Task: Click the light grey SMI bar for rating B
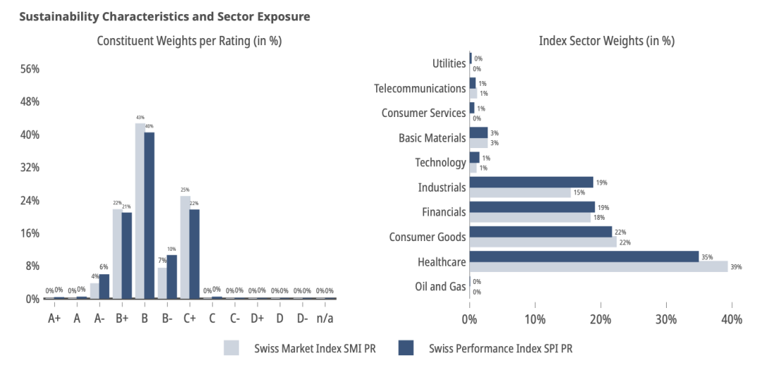point(140,211)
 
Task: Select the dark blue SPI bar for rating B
point(150,215)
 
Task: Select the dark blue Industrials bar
point(531,182)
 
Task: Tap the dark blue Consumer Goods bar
point(540,231)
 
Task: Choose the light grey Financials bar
point(530,218)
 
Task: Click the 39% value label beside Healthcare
point(737,267)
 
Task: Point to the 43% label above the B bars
point(140,117)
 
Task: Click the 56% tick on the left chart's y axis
point(30,69)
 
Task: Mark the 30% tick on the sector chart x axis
point(666,319)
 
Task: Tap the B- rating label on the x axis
point(167,318)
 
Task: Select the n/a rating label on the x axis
point(325,318)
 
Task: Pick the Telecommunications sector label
point(421,88)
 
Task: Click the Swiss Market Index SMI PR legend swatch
point(232,348)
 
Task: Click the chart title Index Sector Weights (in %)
point(606,41)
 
